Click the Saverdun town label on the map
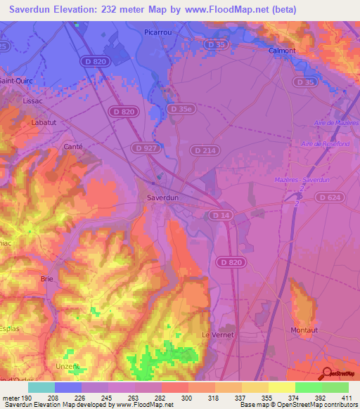163,197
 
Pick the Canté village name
73,146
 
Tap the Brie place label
47,278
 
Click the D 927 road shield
143,148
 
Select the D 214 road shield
205,150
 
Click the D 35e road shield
180,109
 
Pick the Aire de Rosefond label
325,143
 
